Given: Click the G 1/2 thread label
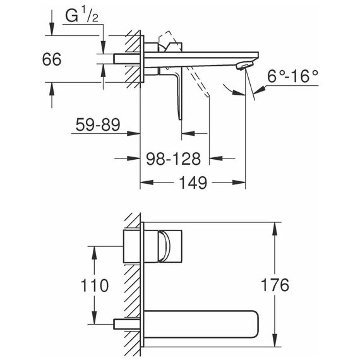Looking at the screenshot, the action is tap(82, 16).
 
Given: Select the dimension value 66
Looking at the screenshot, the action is tap(52, 59).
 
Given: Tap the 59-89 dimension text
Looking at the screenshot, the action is tap(98, 124).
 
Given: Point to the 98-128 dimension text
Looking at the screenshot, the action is tap(174, 159).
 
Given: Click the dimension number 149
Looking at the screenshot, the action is tap(193, 183).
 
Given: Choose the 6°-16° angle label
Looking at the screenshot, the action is tap(292, 76).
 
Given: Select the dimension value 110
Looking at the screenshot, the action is tap(94, 285).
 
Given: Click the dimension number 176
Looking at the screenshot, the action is tap(275, 285).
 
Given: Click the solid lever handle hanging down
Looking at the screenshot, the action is tap(179, 97).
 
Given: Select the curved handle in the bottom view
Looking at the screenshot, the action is tap(165, 246).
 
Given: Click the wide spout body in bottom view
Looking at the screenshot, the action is tap(201, 325).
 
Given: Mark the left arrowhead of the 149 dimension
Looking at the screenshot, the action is tap(147, 183).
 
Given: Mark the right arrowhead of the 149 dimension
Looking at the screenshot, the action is tap(239, 183).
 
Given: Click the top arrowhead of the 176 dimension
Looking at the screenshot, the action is tap(274, 229).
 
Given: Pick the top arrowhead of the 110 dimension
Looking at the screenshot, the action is tap(94, 253).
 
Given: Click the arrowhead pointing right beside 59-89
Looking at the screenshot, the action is tap(134, 133).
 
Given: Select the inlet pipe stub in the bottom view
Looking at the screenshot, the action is tap(127, 324).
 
